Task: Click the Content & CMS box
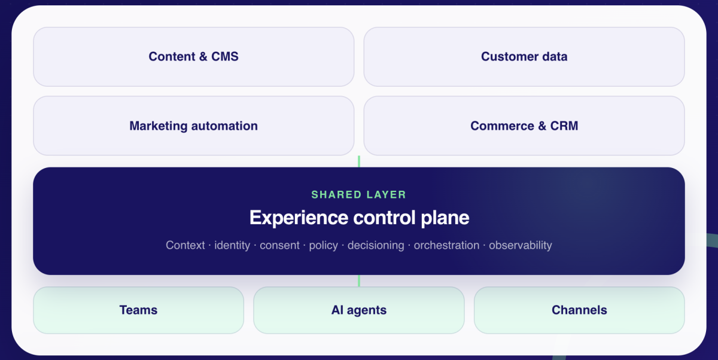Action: pos(194,57)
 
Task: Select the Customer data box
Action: pos(524,57)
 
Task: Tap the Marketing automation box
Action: pos(194,126)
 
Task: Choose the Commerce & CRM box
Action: pos(524,126)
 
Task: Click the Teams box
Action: pos(138,310)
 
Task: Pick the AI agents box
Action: pos(359,310)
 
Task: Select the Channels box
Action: pos(579,310)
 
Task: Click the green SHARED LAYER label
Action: pos(358,195)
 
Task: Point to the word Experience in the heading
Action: pos(299,218)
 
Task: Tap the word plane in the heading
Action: pos(445,218)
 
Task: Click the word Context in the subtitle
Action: pos(185,245)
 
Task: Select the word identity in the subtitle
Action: pos(232,246)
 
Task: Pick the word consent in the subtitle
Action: pos(279,246)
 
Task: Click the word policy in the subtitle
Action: pos(324,246)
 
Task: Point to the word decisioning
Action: pos(376,246)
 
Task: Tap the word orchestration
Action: pos(446,245)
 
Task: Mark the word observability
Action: pos(520,246)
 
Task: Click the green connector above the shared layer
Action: pos(359,161)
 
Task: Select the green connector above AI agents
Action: pos(359,281)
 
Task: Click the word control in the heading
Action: pos(384,218)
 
